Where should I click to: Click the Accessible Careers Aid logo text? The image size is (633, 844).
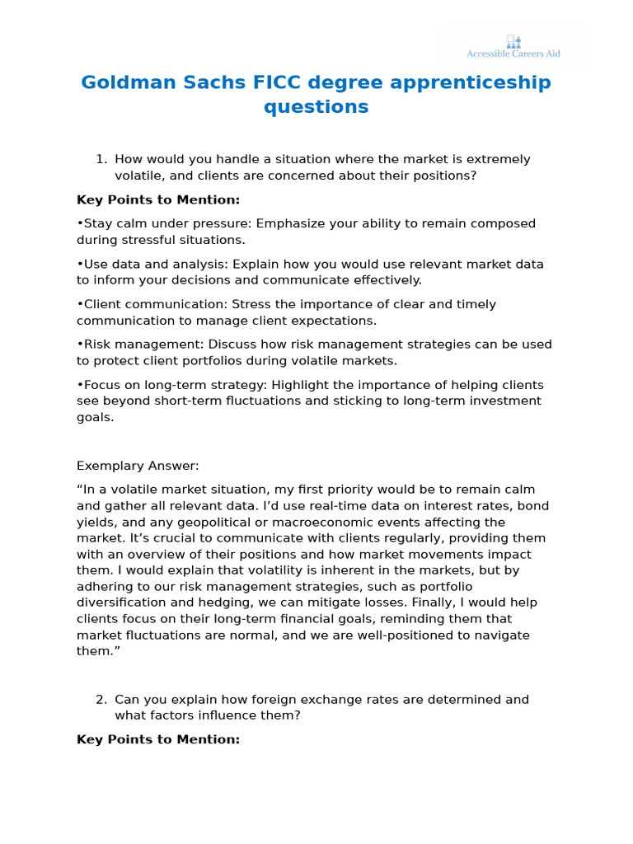pyautogui.click(x=513, y=54)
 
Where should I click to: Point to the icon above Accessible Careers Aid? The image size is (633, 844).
pyautogui.click(x=513, y=40)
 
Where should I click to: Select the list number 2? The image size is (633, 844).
pyautogui.click(x=101, y=700)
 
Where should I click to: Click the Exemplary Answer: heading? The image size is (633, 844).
pyautogui.click(x=138, y=466)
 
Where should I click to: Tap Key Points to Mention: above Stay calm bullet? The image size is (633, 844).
pyautogui.click(x=158, y=199)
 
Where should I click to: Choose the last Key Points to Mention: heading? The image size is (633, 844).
pyautogui.click(x=158, y=739)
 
